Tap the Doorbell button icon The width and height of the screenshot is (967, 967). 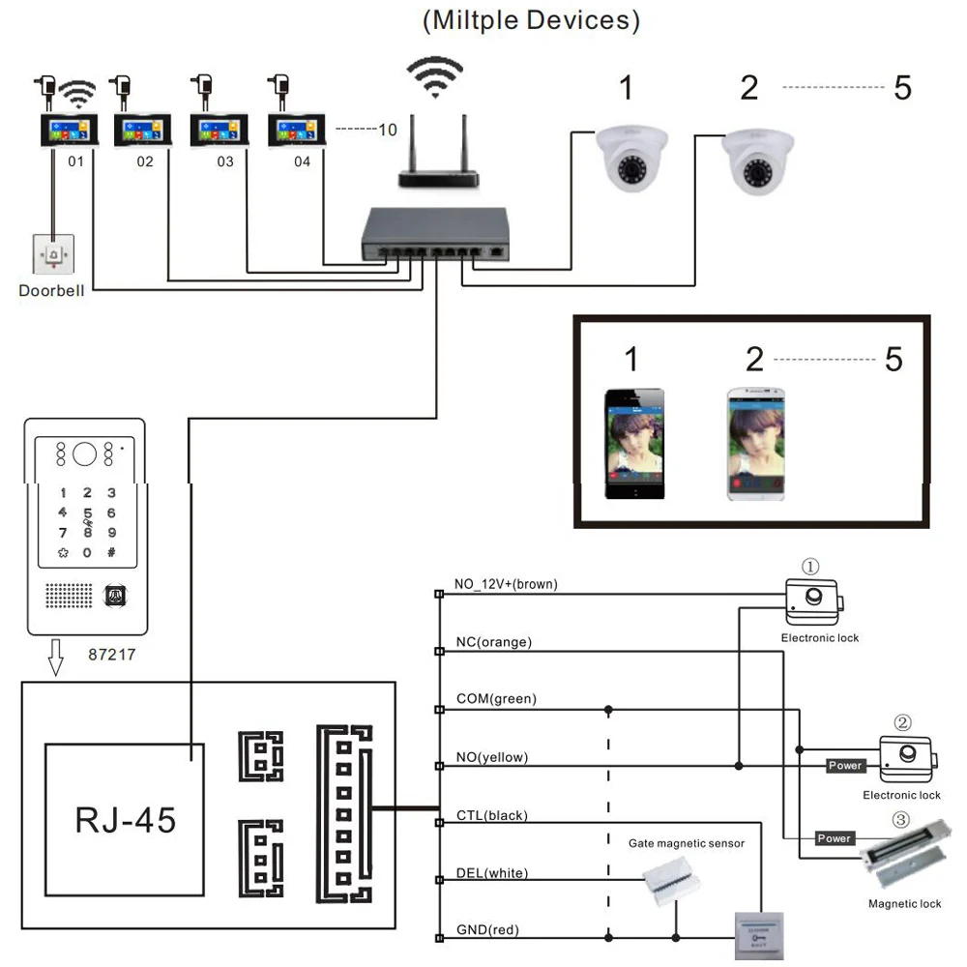point(53,256)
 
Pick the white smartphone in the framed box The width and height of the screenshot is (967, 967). point(756,445)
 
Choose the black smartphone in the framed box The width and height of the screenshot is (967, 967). point(634,444)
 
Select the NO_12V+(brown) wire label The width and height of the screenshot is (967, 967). point(506,584)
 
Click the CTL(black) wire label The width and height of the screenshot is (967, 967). point(492,815)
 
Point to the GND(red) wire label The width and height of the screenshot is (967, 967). point(487,930)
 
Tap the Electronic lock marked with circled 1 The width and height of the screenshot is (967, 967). point(813,601)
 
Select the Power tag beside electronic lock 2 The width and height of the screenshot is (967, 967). point(844,766)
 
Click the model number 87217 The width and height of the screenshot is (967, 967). point(111,655)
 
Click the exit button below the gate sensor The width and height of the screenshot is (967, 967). point(758,935)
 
